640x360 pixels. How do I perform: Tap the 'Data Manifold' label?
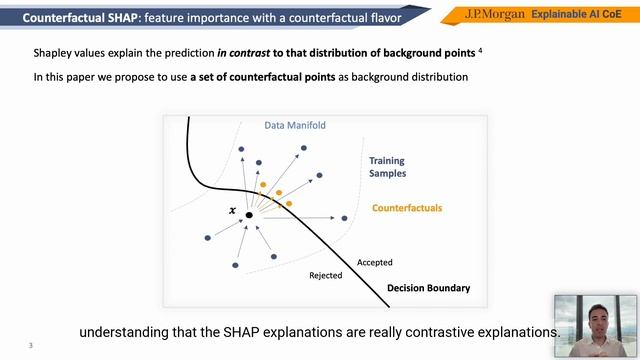tap(295, 126)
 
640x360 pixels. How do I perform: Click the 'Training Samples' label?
tap(386, 167)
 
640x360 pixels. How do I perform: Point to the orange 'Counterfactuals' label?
tap(406, 208)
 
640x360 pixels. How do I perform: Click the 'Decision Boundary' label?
tap(428, 288)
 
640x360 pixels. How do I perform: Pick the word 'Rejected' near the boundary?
tap(325, 275)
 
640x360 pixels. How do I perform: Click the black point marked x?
tap(249, 214)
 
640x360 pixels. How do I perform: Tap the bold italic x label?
tap(233, 211)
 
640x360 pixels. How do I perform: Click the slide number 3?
tap(31, 346)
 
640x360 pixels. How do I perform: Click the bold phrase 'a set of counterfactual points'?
tap(265, 77)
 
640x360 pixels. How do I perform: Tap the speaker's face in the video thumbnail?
tap(596, 315)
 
